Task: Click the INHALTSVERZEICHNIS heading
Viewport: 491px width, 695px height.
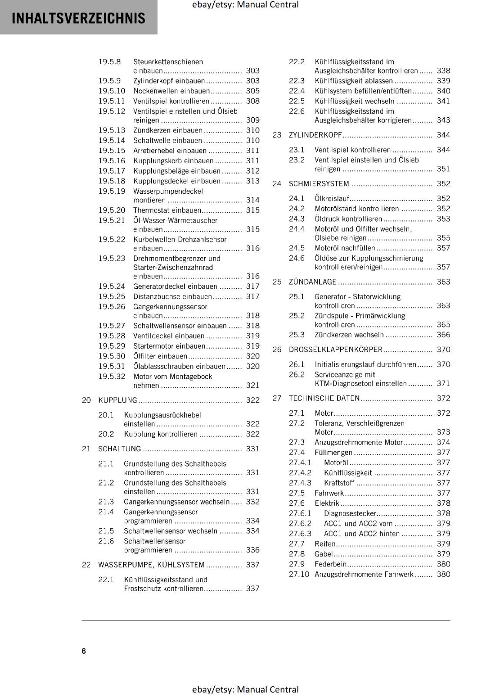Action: coord(78,18)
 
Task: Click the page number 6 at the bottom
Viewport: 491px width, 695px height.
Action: coord(84,651)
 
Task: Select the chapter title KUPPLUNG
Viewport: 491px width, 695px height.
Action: coord(117,400)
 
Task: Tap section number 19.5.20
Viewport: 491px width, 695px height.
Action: coord(112,210)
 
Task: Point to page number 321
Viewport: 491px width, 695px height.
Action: coord(252,385)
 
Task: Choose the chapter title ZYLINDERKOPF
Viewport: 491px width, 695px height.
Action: coord(315,135)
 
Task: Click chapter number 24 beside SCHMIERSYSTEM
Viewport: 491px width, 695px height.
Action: coord(277,184)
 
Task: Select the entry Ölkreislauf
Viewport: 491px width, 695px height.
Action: coord(332,199)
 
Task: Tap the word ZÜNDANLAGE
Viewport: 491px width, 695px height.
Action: coord(312,282)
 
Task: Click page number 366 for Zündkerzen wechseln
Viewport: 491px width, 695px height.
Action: coord(443,335)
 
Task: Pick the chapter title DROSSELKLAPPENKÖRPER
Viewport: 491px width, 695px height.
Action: coord(335,350)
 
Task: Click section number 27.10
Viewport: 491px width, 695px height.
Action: coord(299,574)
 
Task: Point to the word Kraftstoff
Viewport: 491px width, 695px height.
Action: coord(339,483)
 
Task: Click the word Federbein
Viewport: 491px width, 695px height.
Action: coord(331,564)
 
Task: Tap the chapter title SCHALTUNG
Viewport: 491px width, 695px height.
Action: coord(119,449)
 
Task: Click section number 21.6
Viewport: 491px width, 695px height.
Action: coord(106,541)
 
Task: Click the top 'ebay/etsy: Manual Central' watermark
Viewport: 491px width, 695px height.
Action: coord(245,5)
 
